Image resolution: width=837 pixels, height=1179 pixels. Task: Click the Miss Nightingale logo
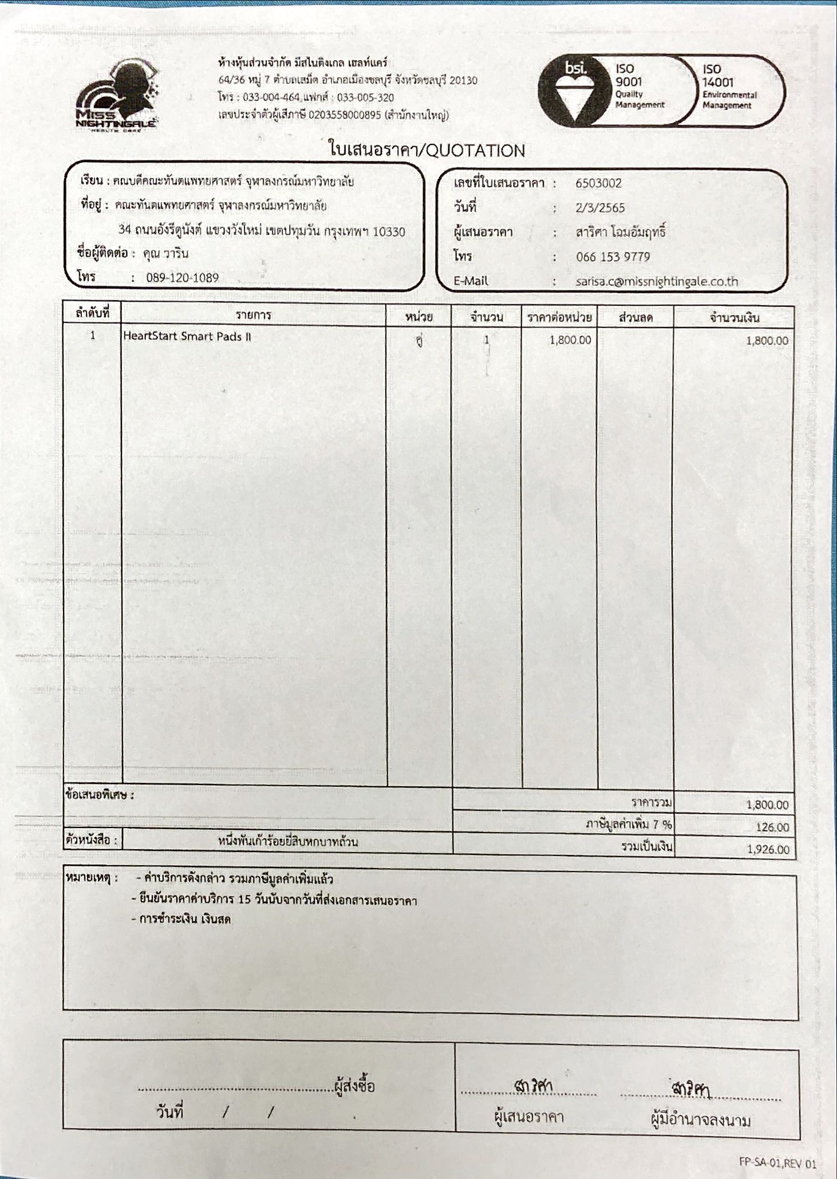[117, 97]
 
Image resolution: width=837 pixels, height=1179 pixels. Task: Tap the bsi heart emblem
[575, 92]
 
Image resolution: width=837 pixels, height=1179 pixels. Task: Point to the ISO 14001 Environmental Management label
[728, 86]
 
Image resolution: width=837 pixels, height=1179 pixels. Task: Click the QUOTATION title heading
[427, 151]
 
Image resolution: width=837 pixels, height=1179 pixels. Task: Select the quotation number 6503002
[598, 183]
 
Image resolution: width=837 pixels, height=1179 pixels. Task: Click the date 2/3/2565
[599, 208]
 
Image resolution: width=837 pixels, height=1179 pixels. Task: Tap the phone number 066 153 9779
[613, 257]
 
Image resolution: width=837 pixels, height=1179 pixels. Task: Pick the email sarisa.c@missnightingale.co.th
[657, 281]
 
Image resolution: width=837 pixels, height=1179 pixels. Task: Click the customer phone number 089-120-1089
[182, 278]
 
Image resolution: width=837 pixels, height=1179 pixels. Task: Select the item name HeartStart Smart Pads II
[187, 336]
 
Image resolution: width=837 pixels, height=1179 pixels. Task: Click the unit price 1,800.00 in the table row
[570, 340]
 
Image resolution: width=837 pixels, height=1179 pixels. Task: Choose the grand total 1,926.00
[768, 849]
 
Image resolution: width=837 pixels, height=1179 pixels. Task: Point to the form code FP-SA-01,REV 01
[777, 1163]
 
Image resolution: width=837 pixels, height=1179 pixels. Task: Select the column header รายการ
[253, 315]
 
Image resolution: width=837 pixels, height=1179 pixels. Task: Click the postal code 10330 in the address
[389, 231]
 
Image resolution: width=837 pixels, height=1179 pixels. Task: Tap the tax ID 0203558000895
[344, 115]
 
